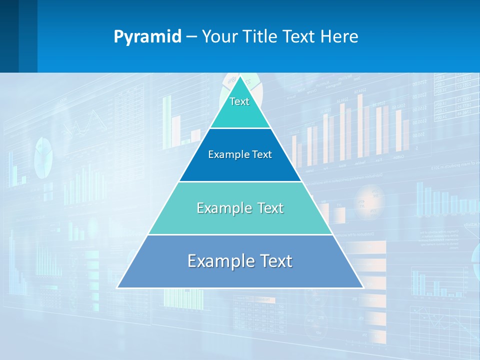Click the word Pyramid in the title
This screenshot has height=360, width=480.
click(x=147, y=37)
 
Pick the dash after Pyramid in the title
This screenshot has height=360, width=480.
click(x=191, y=37)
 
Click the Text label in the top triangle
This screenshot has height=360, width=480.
click(x=239, y=101)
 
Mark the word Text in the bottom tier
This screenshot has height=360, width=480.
click(x=276, y=261)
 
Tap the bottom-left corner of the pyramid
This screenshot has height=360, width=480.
click(x=117, y=287)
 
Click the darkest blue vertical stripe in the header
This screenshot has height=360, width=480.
click(x=9, y=36)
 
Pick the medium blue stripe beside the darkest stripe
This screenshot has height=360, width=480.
click(x=28, y=36)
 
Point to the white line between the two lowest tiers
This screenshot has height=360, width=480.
click(x=240, y=234)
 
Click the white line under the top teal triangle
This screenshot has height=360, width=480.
click(x=240, y=128)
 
